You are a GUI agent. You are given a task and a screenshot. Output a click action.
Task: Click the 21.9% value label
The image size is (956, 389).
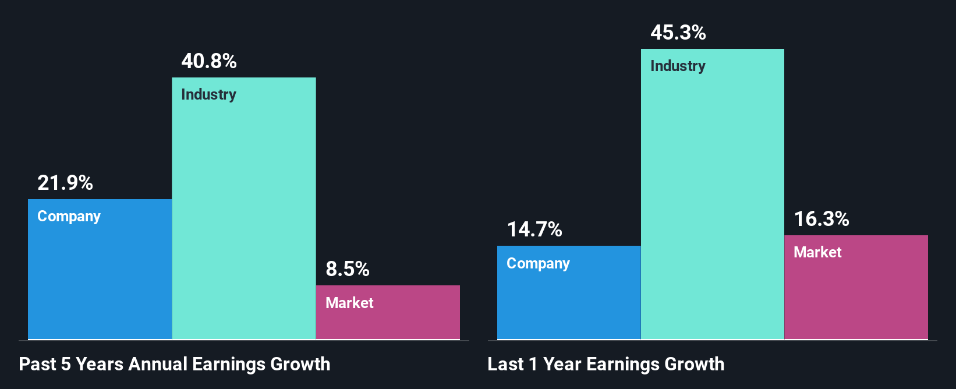click(x=65, y=183)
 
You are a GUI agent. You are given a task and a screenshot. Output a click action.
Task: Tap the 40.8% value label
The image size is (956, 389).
click(x=209, y=61)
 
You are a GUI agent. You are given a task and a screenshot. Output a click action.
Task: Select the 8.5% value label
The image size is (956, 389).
click(x=348, y=269)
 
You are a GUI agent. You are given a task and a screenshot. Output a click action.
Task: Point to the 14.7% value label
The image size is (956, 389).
click(x=534, y=229)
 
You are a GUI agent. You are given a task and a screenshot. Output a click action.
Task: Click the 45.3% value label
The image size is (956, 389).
click(x=678, y=33)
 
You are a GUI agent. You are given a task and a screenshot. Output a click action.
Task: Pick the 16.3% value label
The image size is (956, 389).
click(x=822, y=219)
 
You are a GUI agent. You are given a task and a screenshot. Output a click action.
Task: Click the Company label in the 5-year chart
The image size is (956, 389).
click(x=69, y=217)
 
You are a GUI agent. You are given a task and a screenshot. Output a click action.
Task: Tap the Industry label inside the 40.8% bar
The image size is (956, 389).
click(x=208, y=94)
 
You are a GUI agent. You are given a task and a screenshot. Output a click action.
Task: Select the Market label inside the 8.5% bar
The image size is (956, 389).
click(x=349, y=303)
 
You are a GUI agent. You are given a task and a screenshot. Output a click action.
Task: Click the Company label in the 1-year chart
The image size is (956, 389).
click(x=538, y=263)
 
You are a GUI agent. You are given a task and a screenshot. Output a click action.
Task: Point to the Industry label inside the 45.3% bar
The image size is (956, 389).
click(x=678, y=66)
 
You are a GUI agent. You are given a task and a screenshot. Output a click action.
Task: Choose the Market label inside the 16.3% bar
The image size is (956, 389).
click(x=817, y=252)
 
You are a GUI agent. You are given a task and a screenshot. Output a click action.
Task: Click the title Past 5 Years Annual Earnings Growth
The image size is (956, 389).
click(x=175, y=364)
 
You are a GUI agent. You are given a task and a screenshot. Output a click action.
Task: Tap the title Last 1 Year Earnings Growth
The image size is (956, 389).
click(x=606, y=364)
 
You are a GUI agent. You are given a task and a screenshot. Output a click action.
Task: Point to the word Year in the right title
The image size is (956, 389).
click(x=562, y=364)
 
